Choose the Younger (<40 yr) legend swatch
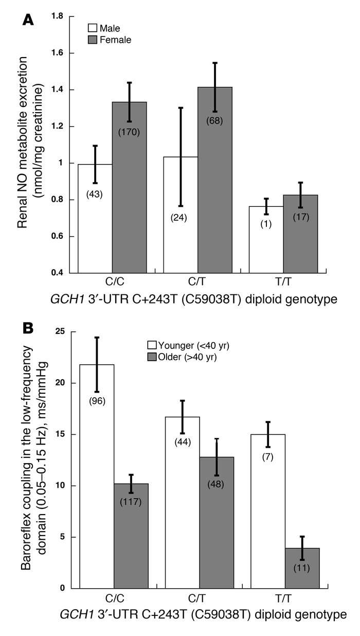click(153, 346)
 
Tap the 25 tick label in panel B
click(61, 332)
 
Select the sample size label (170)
click(129, 132)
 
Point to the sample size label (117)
click(131, 502)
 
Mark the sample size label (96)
click(97, 401)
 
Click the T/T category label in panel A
click(283, 283)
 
